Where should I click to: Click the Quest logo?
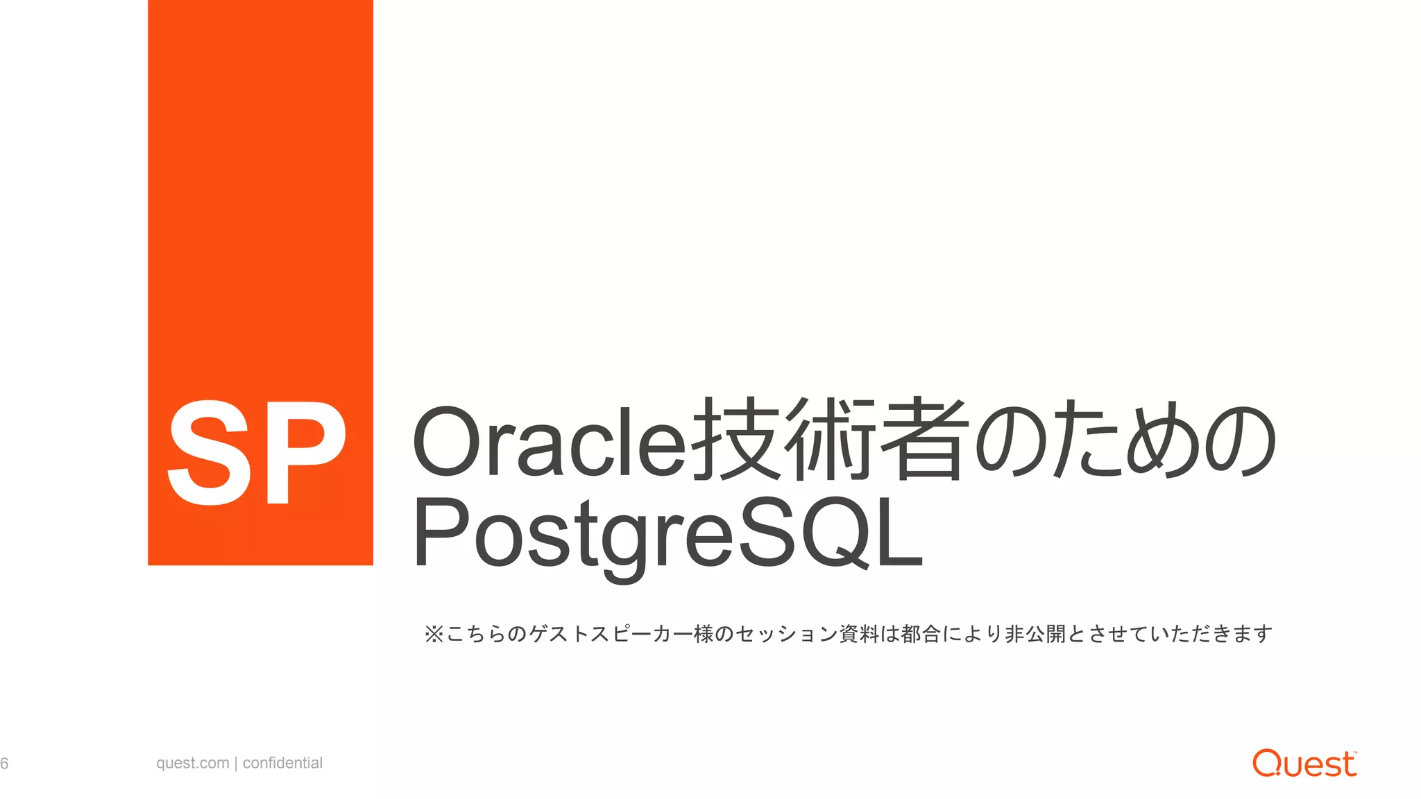tap(1304, 763)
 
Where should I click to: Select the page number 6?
tap(5, 764)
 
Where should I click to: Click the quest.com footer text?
tap(192, 763)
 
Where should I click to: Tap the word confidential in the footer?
tap(282, 763)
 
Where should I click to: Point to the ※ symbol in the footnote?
tap(433, 634)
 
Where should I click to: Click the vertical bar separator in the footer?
tap(236, 764)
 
